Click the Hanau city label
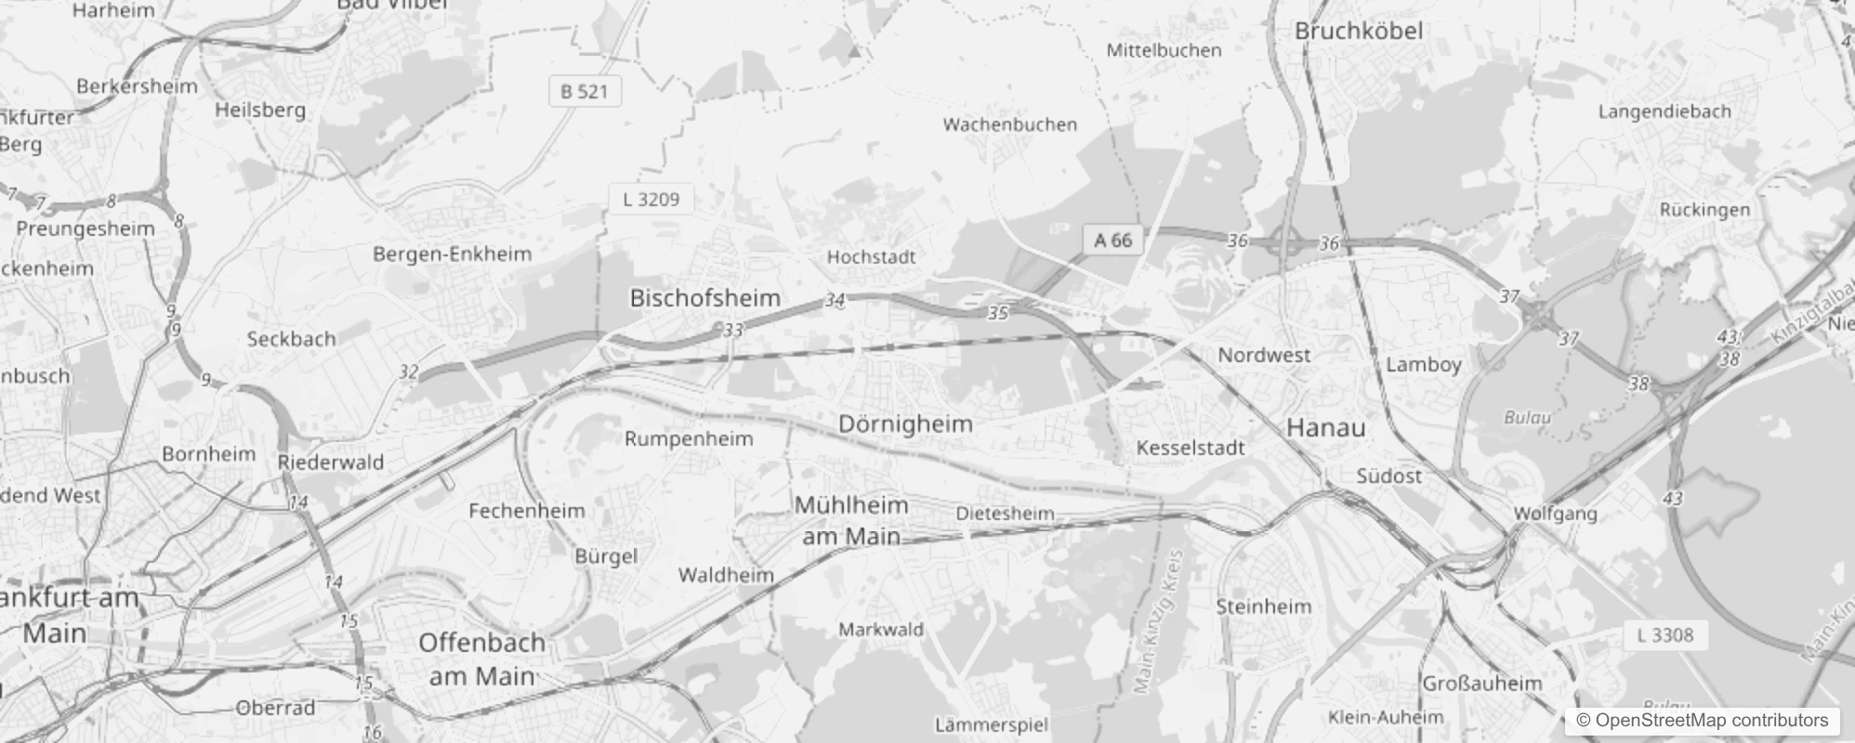(x=1325, y=427)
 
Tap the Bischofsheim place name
(x=704, y=298)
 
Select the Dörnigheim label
(x=905, y=424)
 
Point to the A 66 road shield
(x=1112, y=241)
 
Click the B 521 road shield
(x=584, y=91)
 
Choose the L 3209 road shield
(x=651, y=199)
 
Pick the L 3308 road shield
(x=1664, y=635)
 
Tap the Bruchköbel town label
(x=1358, y=31)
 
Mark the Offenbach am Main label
(x=481, y=658)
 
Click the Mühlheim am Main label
(x=851, y=520)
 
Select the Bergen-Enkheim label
(x=452, y=254)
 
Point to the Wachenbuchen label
(x=1009, y=124)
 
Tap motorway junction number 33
(x=733, y=330)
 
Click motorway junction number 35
(x=997, y=313)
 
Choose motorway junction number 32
(x=408, y=372)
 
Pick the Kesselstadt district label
(x=1190, y=448)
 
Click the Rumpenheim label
(x=688, y=438)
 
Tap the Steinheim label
(x=1263, y=606)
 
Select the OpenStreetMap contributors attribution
(x=1702, y=721)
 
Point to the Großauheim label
(x=1481, y=684)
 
